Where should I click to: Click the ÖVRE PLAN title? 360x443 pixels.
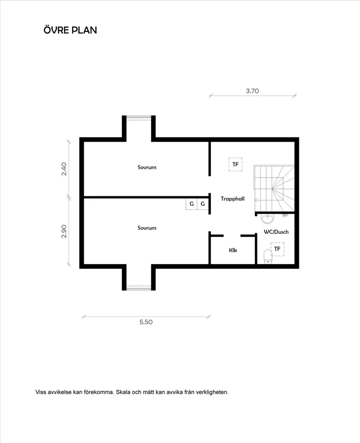70,30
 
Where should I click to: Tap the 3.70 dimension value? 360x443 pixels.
253,91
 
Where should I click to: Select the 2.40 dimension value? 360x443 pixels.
64,169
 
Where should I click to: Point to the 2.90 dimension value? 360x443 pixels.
64,231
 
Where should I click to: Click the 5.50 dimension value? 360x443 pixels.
146,322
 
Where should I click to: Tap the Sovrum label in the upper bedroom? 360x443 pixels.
147,167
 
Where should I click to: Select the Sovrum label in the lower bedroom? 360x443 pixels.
147,228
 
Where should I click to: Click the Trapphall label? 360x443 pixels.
232,198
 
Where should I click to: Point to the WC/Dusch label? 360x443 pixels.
276,232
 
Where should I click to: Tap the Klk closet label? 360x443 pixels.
233,251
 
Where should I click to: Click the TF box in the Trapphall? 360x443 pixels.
235,165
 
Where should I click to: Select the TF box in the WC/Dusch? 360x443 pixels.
277,249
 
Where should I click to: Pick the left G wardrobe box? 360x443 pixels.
192,204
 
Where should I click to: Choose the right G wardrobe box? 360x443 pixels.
202,204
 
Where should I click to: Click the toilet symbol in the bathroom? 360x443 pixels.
268,256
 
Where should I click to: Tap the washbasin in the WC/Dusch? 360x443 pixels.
267,217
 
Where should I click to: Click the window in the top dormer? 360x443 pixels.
139,117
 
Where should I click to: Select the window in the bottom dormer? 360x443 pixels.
139,288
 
